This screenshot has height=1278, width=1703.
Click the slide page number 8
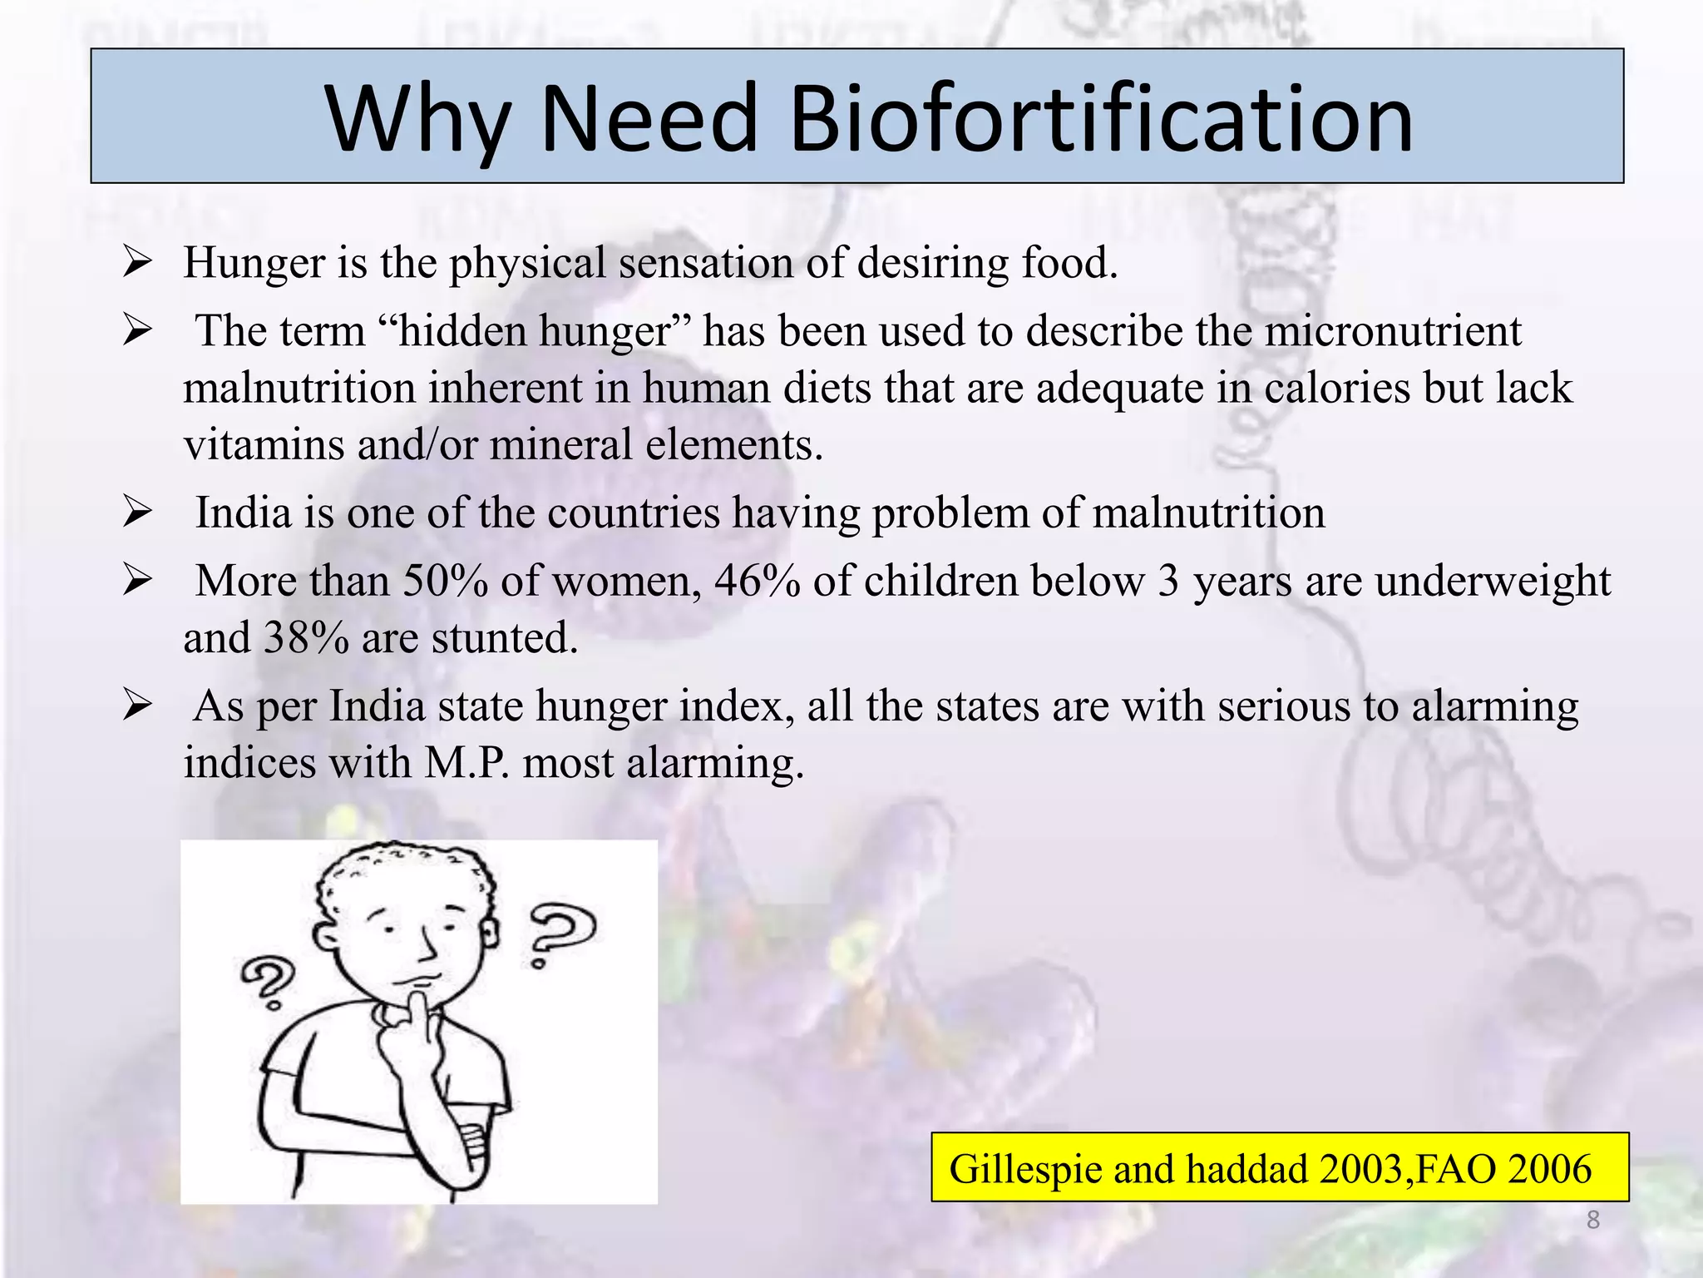click(1592, 1220)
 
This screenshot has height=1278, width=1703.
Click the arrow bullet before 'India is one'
click(136, 512)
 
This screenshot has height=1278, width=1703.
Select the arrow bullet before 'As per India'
click(136, 706)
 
